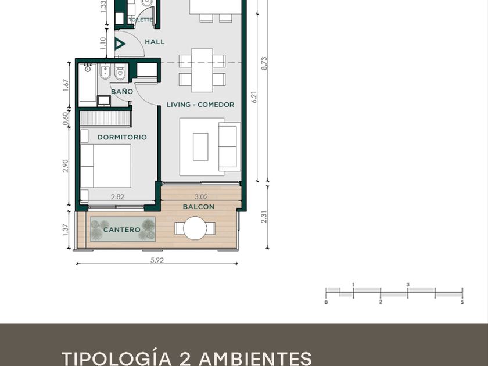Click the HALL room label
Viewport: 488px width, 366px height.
(x=155, y=42)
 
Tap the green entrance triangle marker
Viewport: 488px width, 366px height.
(x=119, y=44)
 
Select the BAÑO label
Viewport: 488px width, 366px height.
(x=122, y=92)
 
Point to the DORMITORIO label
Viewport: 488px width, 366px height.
(x=122, y=137)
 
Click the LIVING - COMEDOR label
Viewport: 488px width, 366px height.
(x=200, y=105)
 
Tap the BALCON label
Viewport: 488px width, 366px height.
(x=199, y=207)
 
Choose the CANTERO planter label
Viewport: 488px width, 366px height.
(x=121, y=229)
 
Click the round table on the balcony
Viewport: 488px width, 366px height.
(x=195, y=228)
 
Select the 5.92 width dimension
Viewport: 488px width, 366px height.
(x=157, y=260)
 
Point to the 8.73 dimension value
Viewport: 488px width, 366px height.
(x=264, y=63)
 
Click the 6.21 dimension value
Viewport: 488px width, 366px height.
(x=254, y=97)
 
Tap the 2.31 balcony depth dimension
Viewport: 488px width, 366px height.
(x=264, y=217)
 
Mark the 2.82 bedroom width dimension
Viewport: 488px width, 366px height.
(x=117, y=197)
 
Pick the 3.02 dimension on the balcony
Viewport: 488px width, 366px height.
(x=201, y=197)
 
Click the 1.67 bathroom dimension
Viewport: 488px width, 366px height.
(x=65, y=85)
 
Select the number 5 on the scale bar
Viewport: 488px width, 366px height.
(x=462, y=302)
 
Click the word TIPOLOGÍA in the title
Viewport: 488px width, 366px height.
(x=117, y=358)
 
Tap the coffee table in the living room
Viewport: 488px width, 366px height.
(x=200, y=147)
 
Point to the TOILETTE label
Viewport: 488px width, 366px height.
(x=141, y=20)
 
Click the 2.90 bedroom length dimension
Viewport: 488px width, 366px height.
(x=65, y=166)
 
